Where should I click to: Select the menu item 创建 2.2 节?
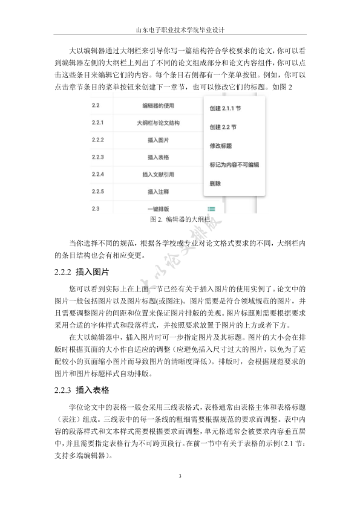click(223, 128)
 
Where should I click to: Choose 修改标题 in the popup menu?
click(220, 146)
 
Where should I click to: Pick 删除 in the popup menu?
click(215, 183)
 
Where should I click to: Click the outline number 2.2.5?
click(98, 192)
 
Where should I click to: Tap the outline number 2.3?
click(95, 209)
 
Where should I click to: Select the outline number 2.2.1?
click(98, 123)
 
